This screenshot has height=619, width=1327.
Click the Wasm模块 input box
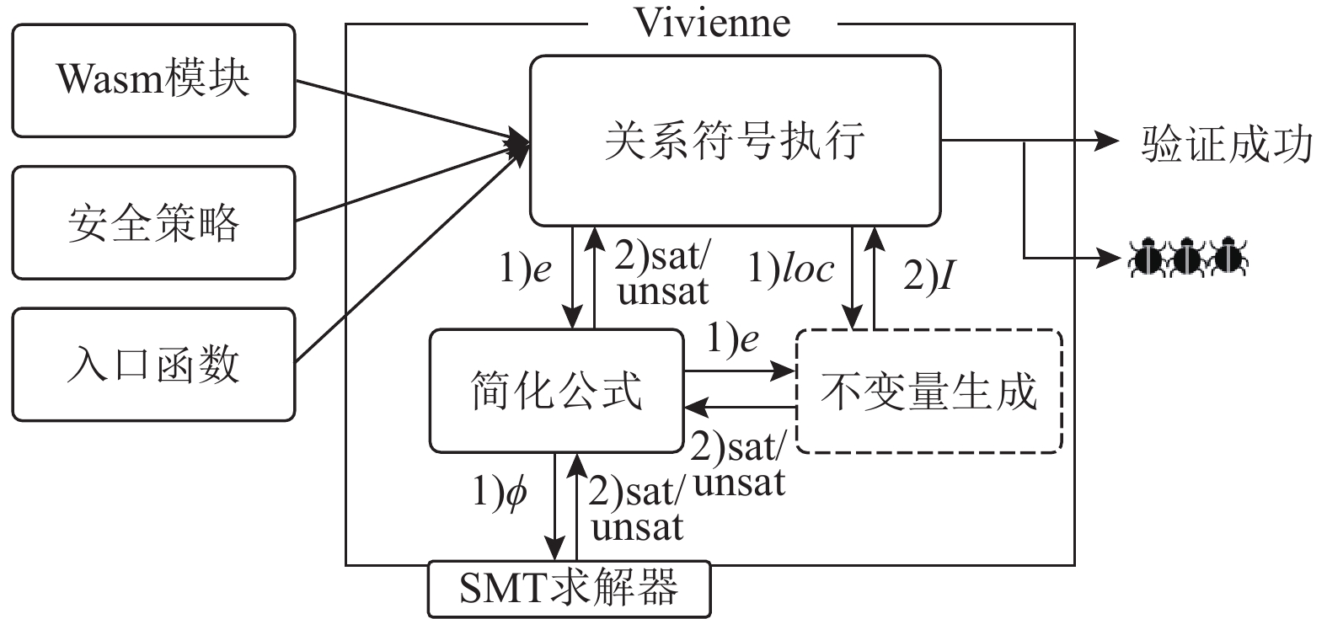pyautogui.click(x=153, y=81)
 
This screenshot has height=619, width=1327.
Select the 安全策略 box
pyautogui.click(x=153, y=222)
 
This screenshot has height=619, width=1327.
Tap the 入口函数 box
pyautogui.click(x=153, y=364)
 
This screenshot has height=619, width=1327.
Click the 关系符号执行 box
pyautogui.click(x=735, y=141)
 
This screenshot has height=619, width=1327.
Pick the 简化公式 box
pyautogui.click(x=556, y=391)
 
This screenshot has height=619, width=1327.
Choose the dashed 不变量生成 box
pyautogui.click(x=928, y=391)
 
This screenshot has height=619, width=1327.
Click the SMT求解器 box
pyautogui.click(x=569, y=588)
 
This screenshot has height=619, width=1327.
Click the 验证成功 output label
pyautogui.click(x=1227, y=144)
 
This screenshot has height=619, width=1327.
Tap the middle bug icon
pyautogui.click(x=1188, y=257)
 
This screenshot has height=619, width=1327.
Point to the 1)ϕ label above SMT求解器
pyautogui.click(x=500, y=491)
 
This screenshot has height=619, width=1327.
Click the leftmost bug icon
pyautogui.click(x=1148, y=257)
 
